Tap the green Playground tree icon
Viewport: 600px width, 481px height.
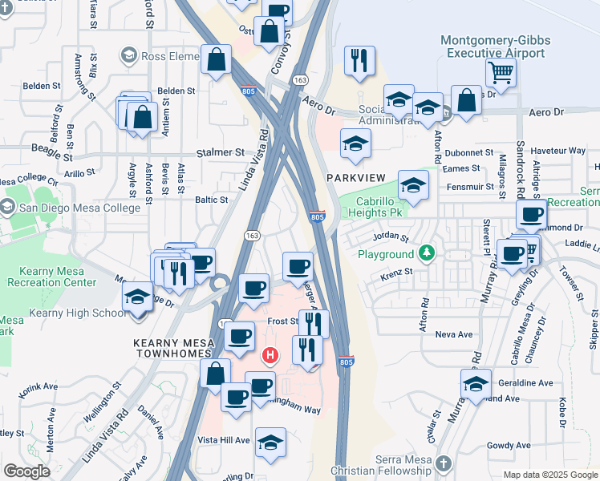[x=428, y=254]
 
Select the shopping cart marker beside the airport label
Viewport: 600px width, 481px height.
[x=501, y=73]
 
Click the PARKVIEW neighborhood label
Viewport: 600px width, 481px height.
[x=356, y=176]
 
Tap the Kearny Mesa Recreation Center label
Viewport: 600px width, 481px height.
[x=51, y=277]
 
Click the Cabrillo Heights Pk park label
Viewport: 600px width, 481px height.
[x=372, y=208]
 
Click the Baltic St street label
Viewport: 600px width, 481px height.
[x=213, y=200]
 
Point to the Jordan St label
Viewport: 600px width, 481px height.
[x=392, y=238]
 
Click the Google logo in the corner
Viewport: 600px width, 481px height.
[x=26, y=471]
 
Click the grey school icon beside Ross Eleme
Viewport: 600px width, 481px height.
[x=128, y=55]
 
